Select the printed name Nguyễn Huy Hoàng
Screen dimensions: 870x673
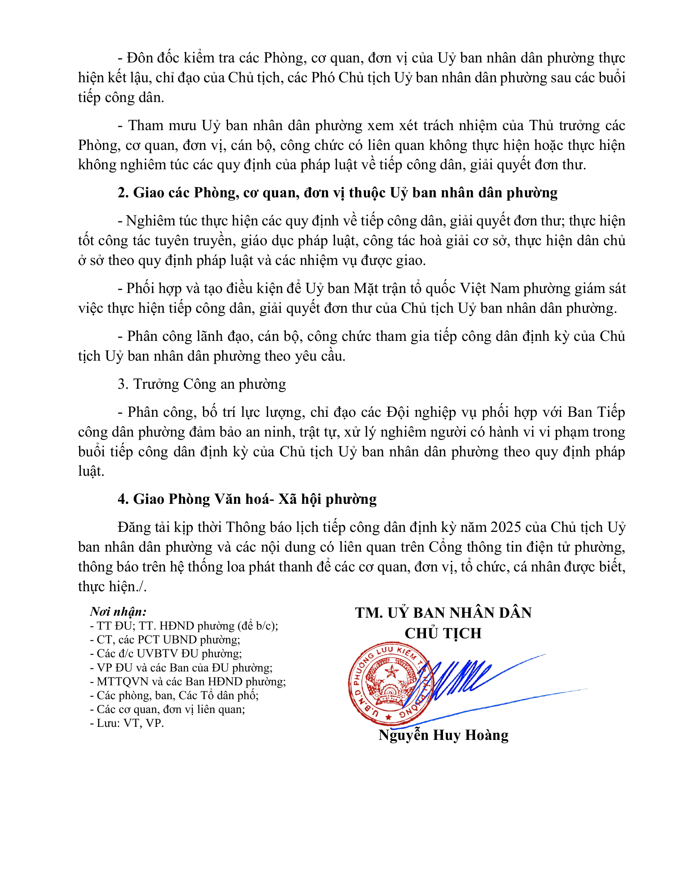point(443,735)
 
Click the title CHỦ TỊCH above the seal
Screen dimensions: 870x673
point(443,634)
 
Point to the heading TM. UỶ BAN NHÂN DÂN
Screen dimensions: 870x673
point(443,613)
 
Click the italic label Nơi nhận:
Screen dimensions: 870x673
point(118,611)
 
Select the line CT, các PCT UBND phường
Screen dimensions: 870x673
point(168,639)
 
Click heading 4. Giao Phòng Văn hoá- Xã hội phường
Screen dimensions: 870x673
point(247,499)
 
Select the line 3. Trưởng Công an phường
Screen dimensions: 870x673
point(202,384)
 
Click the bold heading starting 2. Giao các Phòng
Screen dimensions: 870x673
point(337,193)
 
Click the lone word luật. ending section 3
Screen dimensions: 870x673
point(91,471)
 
